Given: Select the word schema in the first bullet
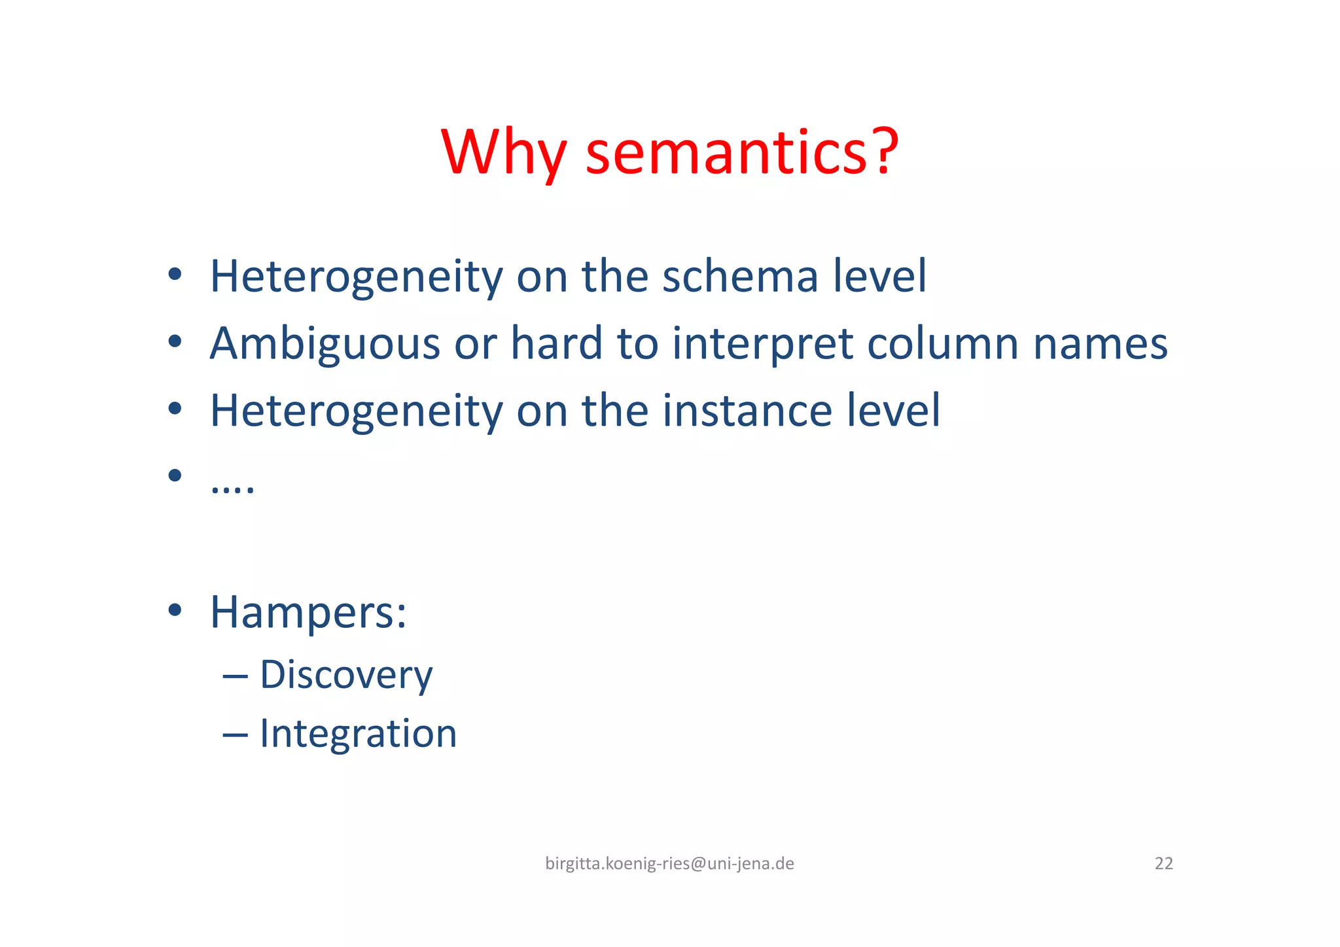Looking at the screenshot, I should pos(740,276).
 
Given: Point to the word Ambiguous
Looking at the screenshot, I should pos(325,344).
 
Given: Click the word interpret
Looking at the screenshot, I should pos(762,344).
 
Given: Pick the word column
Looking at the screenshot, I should pos(943,344).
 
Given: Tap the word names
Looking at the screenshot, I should pos(1100,344).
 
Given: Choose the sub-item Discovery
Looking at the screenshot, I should pos(346,675).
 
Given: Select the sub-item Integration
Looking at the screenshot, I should pos(358,733).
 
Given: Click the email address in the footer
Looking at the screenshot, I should pos(669,864).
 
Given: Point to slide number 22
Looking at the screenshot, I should pos(1163,864).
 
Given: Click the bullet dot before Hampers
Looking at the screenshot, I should pos(174,610).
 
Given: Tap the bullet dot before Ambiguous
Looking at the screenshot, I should pos(174,341).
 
